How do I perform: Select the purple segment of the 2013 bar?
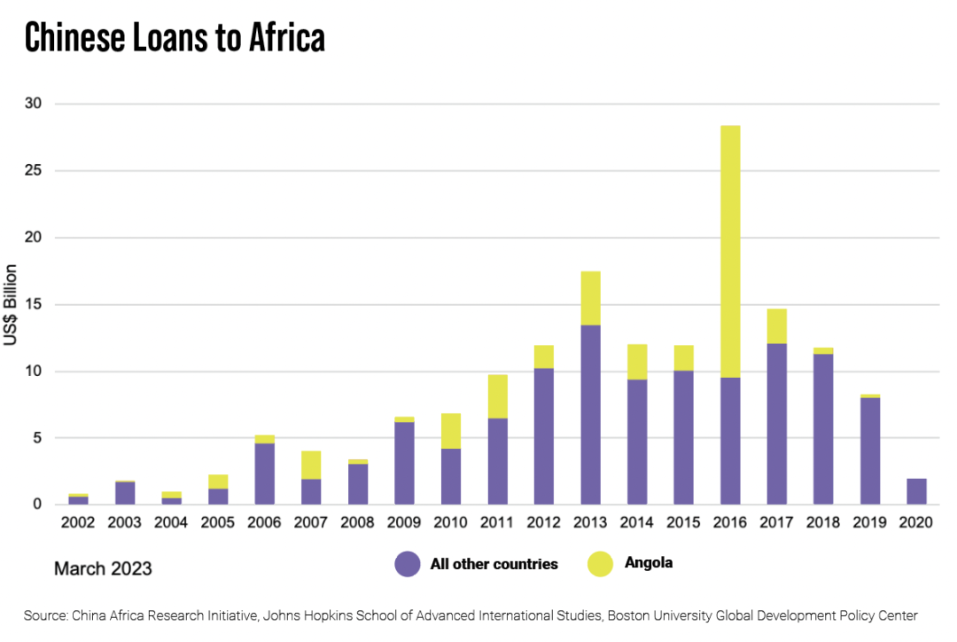tap(591, 415)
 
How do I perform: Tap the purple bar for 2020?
tap(916, 491)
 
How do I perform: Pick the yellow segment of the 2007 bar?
tap(311, 465)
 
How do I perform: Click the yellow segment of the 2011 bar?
tap(498, 396)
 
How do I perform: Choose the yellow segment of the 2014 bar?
tap(637, 362)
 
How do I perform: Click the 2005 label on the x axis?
tap(218, 522)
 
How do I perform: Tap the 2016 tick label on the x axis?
tap(730, 522)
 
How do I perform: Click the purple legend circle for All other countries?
tap(408, 564)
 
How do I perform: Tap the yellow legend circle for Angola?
tap(600, 564)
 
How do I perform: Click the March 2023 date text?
tap(103, 568)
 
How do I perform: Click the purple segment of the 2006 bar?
tap(265, 474)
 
